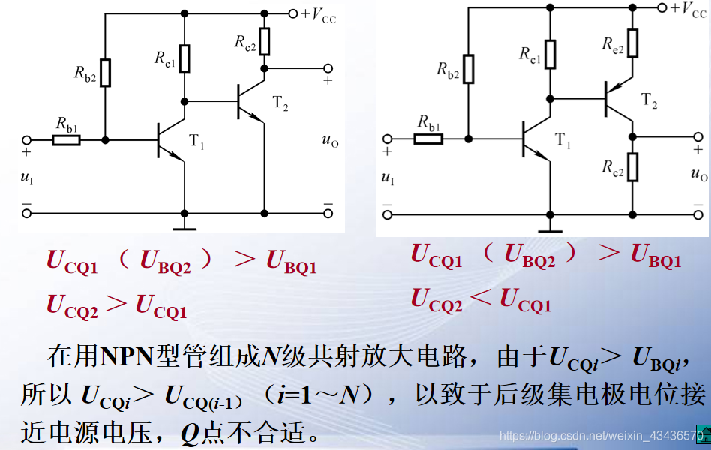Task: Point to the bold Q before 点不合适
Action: click(190, 433)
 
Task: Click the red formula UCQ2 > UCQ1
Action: click(117, 306)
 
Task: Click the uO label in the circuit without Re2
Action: click(329, 140)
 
